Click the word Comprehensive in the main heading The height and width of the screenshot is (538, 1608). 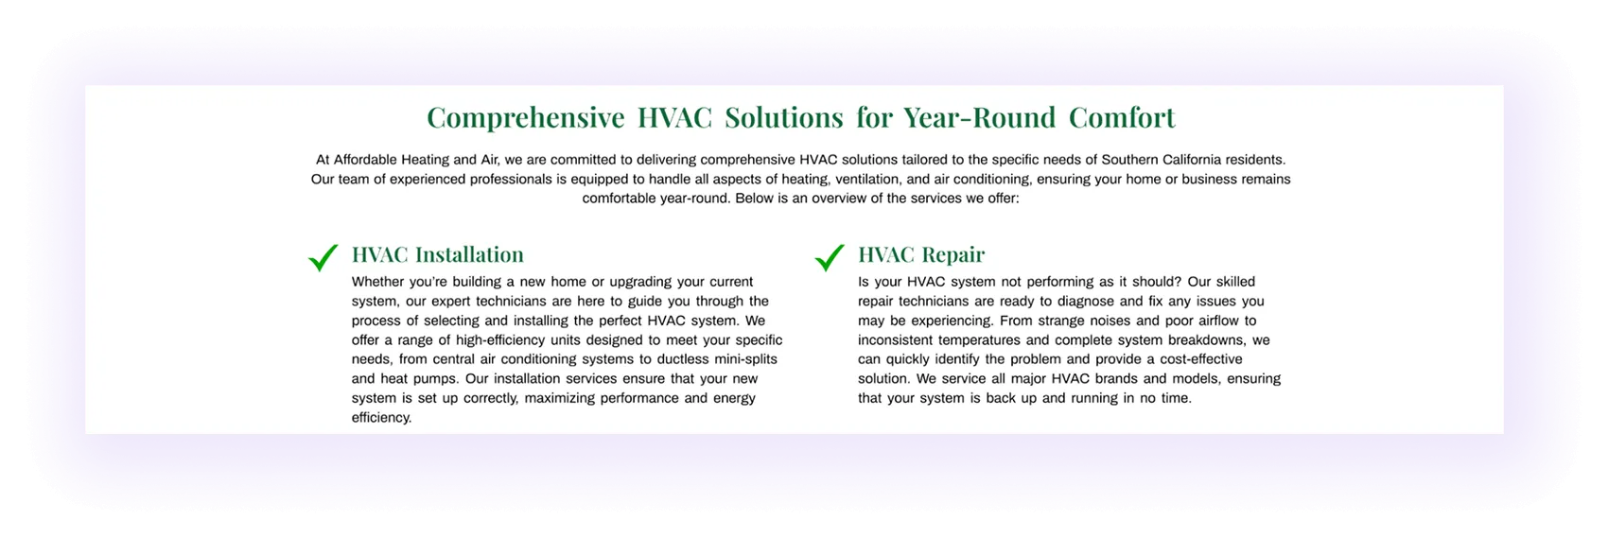tap(525, 118)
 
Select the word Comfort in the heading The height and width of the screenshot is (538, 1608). tap(1122, 118)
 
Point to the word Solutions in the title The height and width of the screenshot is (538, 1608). tap(783, 118)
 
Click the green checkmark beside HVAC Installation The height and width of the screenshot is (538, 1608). tap(323, 257)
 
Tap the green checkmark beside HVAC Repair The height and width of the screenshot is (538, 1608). tap(830, 257)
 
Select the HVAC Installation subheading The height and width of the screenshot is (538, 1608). tap(437, 254)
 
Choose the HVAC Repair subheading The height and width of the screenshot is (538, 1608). tap(920, 254)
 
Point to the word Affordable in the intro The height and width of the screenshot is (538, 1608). tap(367, 160)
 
